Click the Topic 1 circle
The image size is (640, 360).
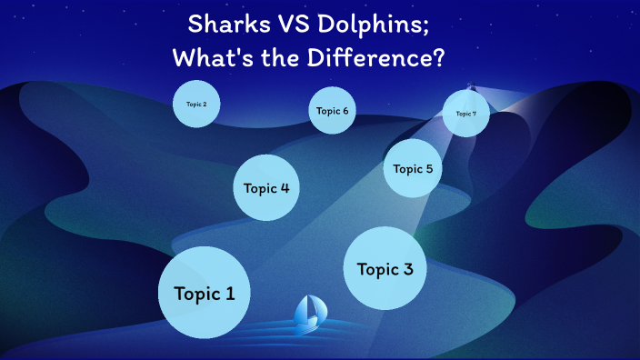(204, 294)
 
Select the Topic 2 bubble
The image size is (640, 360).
(196, 105)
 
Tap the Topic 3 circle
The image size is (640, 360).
(385, 269)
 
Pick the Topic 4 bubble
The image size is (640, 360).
(266, 188)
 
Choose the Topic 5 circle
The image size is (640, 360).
(413, 168)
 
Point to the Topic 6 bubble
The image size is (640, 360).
(332, 111)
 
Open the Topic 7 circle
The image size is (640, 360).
(466, 114)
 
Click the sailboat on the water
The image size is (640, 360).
(310, 314)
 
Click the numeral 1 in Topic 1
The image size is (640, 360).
(230, 294)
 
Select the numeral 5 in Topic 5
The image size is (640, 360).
(428, 168)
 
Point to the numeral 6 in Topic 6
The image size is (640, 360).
(345, 111)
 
